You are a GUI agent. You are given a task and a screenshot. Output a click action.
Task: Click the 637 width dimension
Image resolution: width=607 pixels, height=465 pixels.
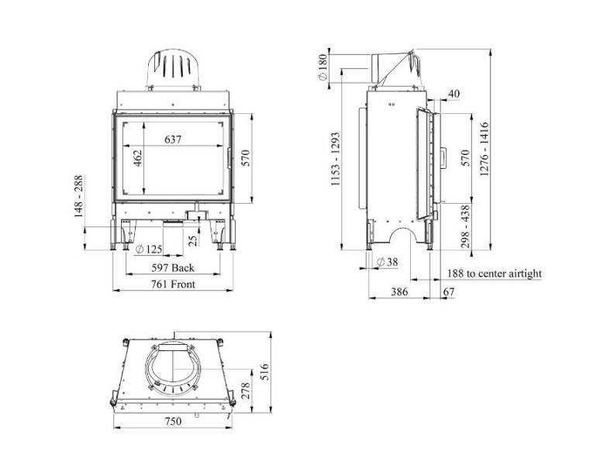point(174,139)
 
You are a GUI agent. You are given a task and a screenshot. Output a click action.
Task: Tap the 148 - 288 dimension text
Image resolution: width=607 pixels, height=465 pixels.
point(80,196)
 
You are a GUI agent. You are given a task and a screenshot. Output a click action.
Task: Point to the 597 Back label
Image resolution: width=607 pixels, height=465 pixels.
point(172,268)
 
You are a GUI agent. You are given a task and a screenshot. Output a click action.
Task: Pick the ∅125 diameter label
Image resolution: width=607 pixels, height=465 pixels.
point(149,250)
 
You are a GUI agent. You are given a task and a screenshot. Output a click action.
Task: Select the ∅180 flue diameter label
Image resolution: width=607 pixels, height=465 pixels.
point(322,67)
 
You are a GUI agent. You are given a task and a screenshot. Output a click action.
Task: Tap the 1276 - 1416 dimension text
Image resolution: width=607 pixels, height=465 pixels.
point(485,150)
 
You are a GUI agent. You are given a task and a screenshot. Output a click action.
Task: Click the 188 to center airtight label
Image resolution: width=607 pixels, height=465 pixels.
point(495,274)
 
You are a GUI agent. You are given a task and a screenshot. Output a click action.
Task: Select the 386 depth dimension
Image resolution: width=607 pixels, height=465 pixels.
point(398,292)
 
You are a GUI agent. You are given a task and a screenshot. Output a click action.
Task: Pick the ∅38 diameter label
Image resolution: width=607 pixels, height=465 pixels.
point(386,262)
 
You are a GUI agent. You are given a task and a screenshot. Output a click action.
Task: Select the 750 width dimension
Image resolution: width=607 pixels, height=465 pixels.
point(173,422)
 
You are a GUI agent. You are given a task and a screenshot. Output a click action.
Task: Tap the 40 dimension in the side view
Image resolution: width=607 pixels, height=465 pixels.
point(454,94)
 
